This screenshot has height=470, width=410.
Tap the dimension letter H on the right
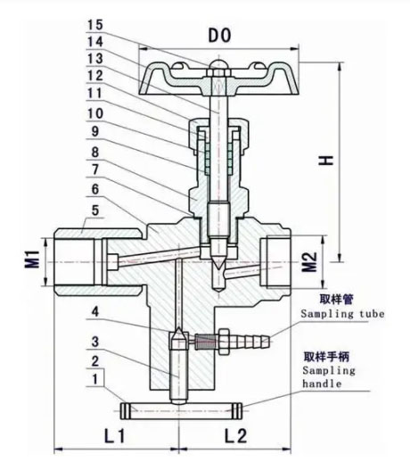point(331,160)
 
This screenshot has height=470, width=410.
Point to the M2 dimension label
point(309,260)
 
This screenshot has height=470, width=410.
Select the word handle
point(323,386)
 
